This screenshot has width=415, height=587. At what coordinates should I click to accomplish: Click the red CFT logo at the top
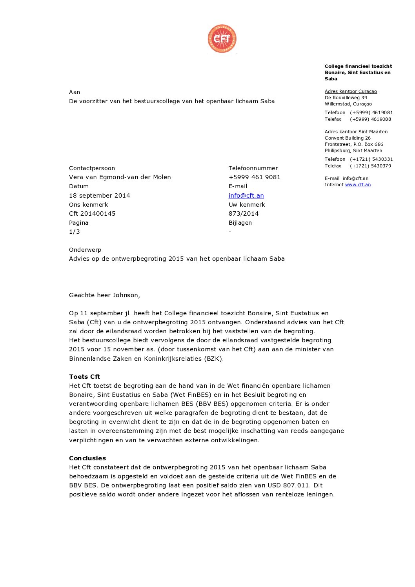222,38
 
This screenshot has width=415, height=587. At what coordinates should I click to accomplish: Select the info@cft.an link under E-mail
246,195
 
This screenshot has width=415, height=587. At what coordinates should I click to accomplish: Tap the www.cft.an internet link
358,185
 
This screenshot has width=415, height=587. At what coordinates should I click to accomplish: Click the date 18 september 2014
99,195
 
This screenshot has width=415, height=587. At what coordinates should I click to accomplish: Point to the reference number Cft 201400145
92,213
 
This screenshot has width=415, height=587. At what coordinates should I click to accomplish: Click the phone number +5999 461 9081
254,177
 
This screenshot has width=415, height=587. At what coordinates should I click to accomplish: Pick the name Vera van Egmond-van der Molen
120,177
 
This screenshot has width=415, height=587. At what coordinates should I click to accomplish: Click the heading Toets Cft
84,376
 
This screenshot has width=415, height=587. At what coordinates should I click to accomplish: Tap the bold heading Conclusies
87,458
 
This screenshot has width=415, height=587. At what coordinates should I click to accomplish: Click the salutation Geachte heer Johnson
104,295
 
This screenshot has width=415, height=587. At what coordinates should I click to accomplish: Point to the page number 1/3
75,231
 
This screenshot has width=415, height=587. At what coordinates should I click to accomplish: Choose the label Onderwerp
85,249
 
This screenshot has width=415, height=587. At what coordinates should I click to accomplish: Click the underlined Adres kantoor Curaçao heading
351,91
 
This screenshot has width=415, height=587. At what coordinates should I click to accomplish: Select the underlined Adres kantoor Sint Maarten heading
356,132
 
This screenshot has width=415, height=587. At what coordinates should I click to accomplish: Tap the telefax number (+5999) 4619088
370,119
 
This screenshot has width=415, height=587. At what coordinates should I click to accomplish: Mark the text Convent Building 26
348,138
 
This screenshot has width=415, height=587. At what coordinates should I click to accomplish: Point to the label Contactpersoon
92,168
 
